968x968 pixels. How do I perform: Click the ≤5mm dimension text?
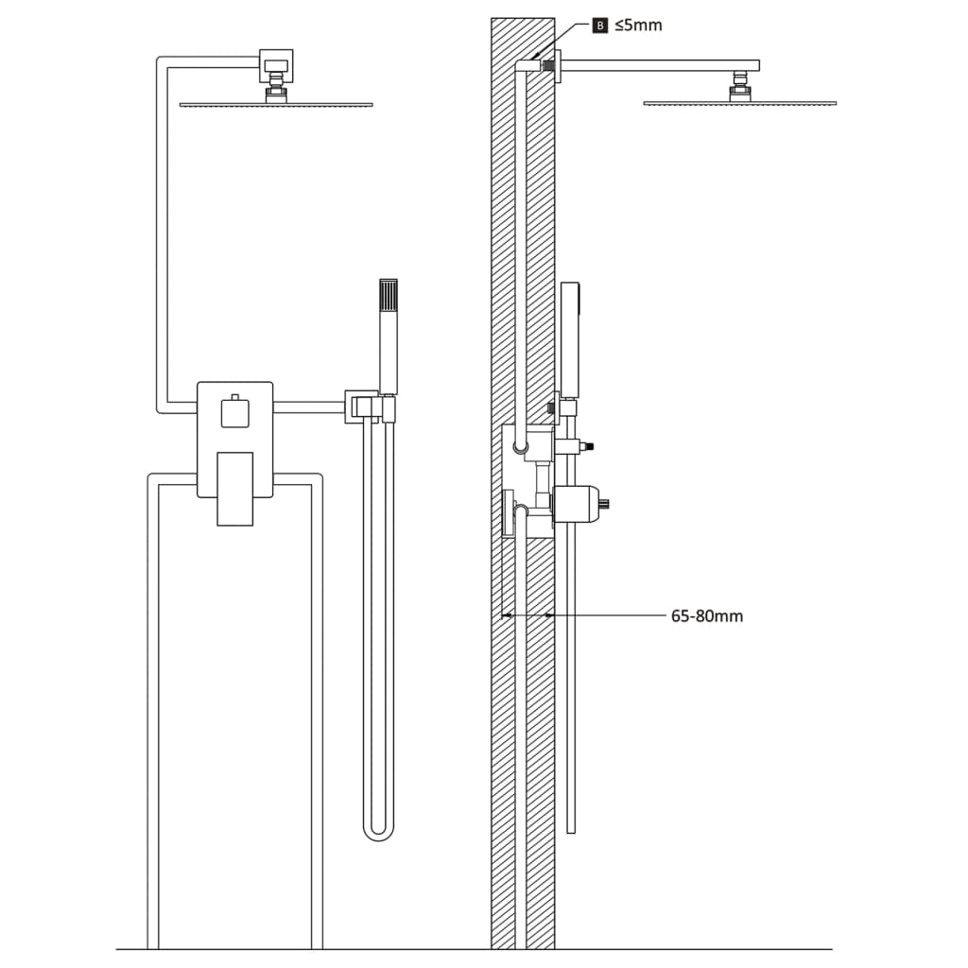[638, 26]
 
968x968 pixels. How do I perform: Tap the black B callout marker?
[599, 26]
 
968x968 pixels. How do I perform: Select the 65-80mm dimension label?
[706, 616]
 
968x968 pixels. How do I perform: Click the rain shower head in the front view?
[275, 104]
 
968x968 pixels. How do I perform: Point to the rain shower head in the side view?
[739, 102]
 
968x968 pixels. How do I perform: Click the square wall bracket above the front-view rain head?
[275, 65]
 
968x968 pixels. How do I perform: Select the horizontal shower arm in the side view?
[662, 65]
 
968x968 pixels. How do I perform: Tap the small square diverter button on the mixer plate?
[234, 413]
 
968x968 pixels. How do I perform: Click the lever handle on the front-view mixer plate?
[234, 488]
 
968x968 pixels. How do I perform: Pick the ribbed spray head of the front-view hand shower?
[389, 297]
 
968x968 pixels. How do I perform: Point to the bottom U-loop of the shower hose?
[379, 832]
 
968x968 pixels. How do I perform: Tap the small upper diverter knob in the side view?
[572, 445]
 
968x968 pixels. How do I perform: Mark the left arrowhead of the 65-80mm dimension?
[508, 616]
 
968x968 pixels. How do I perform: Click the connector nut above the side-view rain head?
[739, 91]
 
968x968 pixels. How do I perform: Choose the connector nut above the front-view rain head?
[275, 92]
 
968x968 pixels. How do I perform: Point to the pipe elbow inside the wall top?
[521, 66]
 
